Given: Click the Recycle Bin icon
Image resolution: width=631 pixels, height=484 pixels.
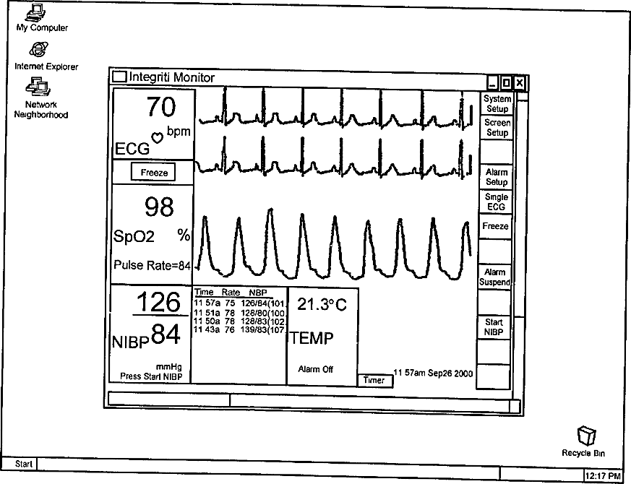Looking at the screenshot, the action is click(x=584, y=436).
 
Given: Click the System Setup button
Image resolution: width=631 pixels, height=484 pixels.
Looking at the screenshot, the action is click(x=497, y=103).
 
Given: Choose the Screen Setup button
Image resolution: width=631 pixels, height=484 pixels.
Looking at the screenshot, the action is click(x=497, y=128).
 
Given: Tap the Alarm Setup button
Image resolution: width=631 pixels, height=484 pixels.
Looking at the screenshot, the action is click(x=497, y=177).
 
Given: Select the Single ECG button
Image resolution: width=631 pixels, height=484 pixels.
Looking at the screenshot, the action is click(x=497, y=202).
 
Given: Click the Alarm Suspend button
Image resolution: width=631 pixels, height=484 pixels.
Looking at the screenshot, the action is click(x=495, y=277).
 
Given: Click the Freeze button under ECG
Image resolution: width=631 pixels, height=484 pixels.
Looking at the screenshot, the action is click(x=154, y=173).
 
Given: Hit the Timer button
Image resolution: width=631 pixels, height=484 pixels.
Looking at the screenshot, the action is click(x=374, y=380).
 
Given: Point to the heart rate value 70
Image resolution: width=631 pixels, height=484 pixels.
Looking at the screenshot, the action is click(x=160, y=107).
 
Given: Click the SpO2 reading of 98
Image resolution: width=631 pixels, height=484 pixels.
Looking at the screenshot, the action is click(x=159, y=207).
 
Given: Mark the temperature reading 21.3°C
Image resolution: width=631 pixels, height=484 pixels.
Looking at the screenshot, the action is click(x=322, y=305).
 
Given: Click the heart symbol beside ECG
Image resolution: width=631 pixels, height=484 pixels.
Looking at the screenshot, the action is click(x=156, y=137).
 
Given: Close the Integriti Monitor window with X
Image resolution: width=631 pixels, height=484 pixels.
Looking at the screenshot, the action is click(x=519, y=83).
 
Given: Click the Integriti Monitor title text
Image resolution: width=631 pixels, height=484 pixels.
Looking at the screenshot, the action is click(x=171, y=77).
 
